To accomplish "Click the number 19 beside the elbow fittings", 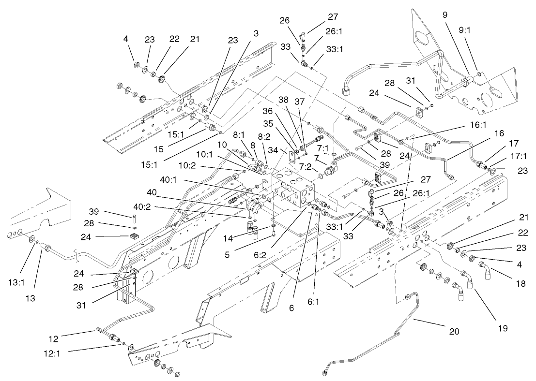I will [x=502, y=328].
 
